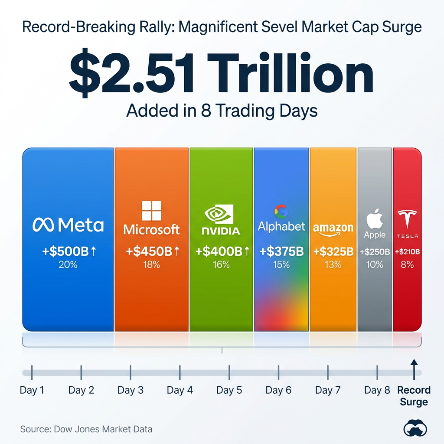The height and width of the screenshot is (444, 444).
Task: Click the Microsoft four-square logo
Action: (x=151, y=211)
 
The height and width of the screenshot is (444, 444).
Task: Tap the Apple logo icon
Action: (x=375, y=219)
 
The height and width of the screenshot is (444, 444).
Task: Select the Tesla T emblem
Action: (x=407, y=219)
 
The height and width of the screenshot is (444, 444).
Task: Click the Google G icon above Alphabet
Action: (x=281, y=212)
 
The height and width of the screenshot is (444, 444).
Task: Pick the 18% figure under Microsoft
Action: (x=151, y=264)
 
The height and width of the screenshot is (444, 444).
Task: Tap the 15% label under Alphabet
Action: (x=281, y=264)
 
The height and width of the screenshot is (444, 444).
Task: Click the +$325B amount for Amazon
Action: (x=333, y=251)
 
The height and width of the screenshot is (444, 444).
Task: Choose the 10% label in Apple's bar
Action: (x=375, y=264)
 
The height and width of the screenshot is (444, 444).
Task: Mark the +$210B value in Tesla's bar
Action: (x=407, y=252)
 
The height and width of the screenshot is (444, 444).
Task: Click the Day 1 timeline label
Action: (x=32, y=390)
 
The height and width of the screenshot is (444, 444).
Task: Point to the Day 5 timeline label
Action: (x=229, y=390)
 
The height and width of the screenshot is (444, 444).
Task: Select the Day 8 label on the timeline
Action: (x=377, y=390)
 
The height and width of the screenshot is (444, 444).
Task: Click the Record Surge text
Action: (x=414, y=396)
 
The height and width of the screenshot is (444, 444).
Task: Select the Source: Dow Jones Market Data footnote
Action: (x=86, y=430)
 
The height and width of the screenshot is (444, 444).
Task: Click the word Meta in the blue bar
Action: (x=81, y=225)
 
